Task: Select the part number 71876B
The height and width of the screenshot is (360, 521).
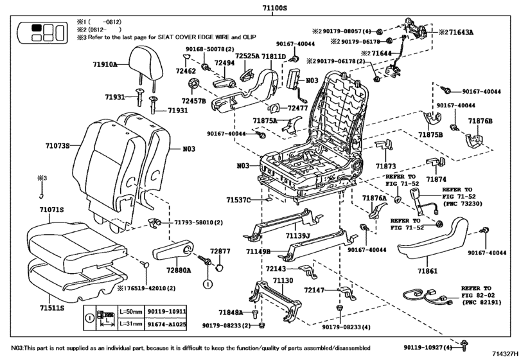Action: coord(480,121)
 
